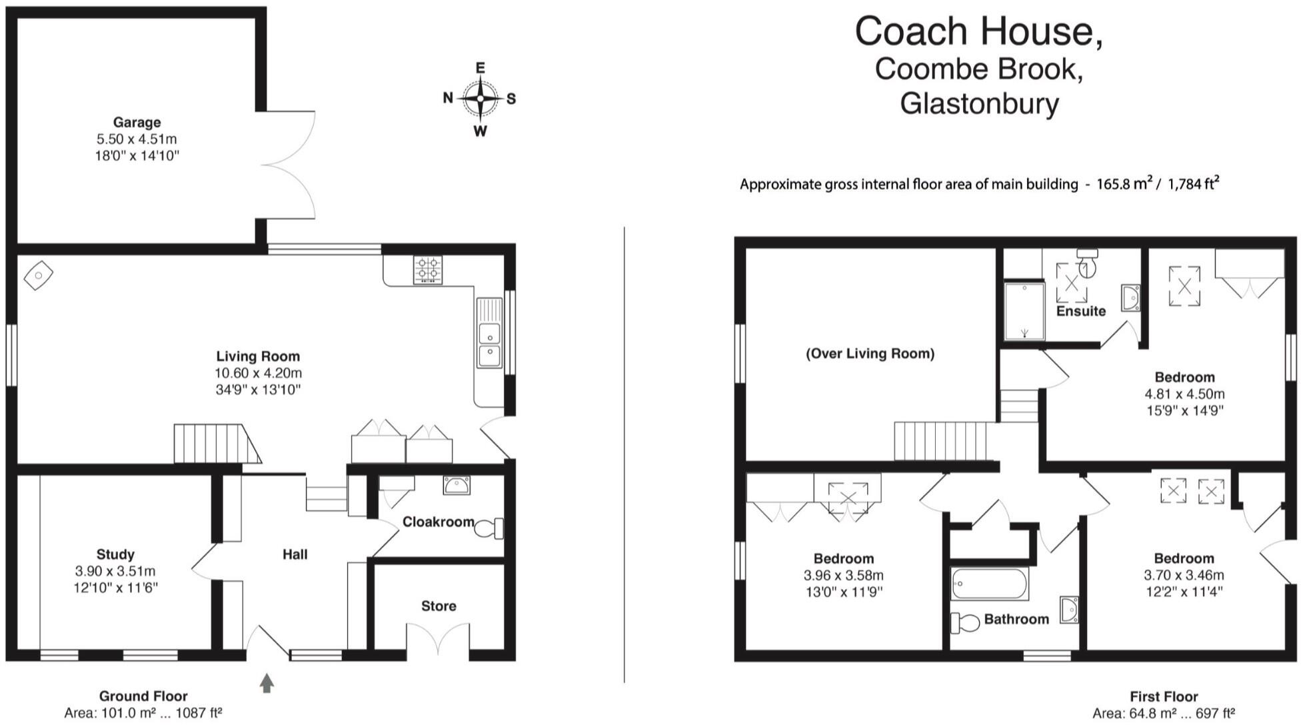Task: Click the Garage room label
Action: point(137,122)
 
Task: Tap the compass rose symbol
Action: point(480,99)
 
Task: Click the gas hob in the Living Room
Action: point(427,270)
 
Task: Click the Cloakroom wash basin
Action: point(457,485)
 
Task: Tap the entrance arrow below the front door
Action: point(267,683)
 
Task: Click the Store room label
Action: point(439,606)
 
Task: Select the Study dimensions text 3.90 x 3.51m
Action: point(115,571)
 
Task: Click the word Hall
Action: point(295,554)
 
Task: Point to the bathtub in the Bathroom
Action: point(990,584)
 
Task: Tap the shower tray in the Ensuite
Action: point(1024,311)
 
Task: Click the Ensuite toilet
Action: point(1086,263)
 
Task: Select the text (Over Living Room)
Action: point(870,353)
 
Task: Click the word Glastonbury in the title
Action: point(979,103)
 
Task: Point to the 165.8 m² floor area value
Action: point(1124,184)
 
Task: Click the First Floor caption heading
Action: point(1163,696)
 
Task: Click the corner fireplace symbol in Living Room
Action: point(39,275)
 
